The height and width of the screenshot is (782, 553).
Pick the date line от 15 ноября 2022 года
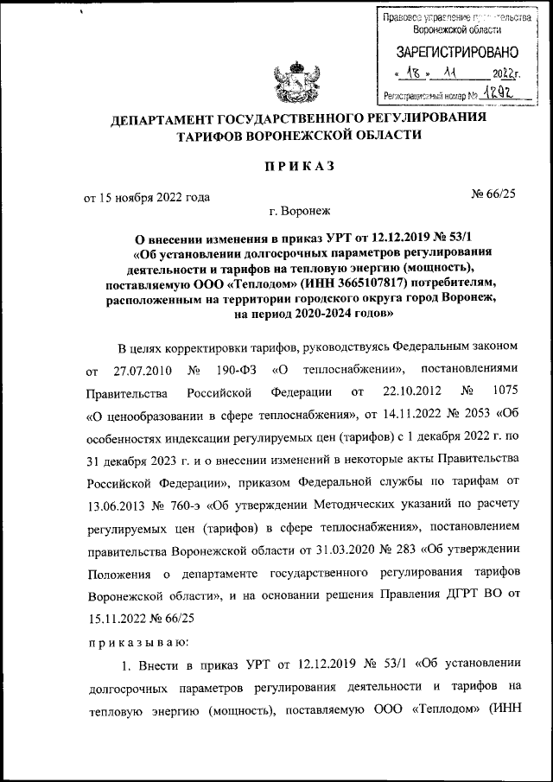147,196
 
